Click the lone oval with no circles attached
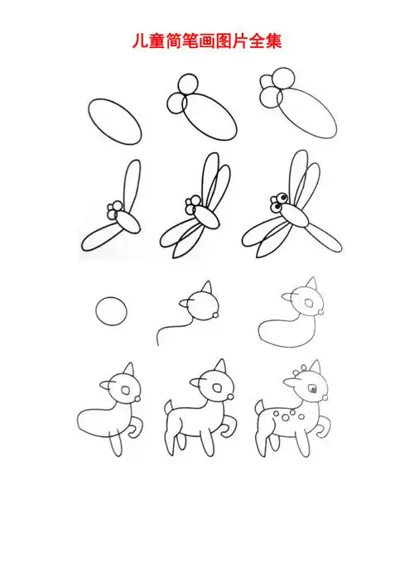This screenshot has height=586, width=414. click(113, 122)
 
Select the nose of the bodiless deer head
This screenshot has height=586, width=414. click(216, 315)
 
